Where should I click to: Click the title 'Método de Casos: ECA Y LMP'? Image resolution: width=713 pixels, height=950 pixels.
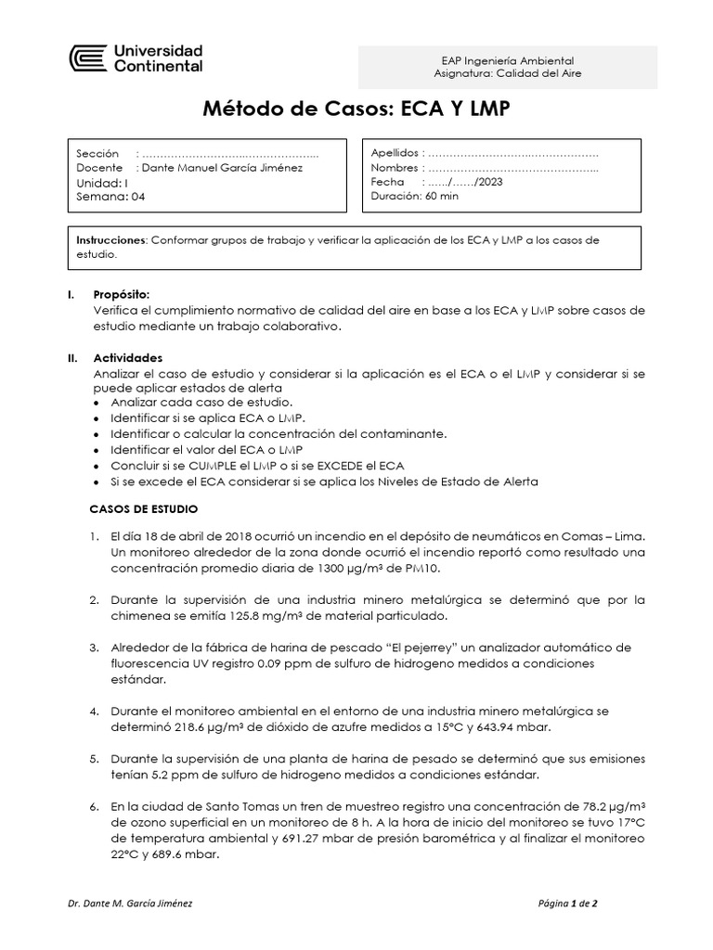pyautogui.click(x=356, y=110)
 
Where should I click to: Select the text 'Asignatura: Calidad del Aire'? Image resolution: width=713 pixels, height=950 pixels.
pyautogui.click(x=508, y=73)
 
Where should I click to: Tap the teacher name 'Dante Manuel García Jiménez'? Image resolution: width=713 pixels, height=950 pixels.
pyautogui.click(x=221, y=168)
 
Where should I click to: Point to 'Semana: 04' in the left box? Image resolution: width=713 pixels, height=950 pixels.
pyautogui.click(x=110, y=197)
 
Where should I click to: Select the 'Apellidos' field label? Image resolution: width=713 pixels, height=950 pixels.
pyautogui.click(x=395, y=153)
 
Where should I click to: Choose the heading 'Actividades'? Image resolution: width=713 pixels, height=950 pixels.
pyautogui.click(x=128, y=357)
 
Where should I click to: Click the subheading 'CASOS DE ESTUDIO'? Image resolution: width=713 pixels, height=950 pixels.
pyautogui.click(x=143, y=509)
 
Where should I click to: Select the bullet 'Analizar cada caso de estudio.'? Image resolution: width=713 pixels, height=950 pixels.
pyautogui.click(x=201, y=403)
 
